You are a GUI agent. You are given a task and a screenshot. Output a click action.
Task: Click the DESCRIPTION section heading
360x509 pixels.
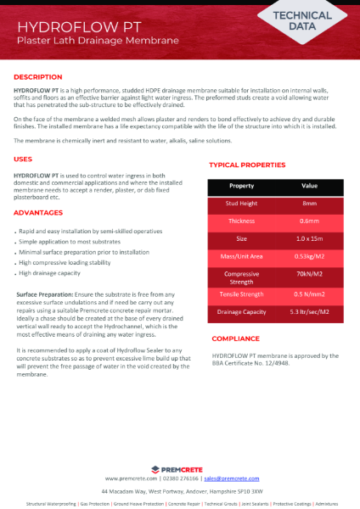(x=38, y=77)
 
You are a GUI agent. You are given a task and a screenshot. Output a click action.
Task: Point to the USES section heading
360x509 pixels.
(x=24, y=159)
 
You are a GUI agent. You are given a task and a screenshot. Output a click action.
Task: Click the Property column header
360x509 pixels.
(x=242, y=185)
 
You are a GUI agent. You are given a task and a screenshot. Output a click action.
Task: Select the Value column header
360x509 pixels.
(x=310, y=185)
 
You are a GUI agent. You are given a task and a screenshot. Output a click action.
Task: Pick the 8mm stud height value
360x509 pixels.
(x=310, y=204)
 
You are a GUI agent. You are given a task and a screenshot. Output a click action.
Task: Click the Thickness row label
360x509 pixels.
(x=242, y=221)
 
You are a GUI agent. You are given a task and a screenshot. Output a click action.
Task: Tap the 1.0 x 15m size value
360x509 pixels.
(x=310, y=239)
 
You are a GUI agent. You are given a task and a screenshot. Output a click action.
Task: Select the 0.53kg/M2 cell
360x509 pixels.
(x=310, y=257)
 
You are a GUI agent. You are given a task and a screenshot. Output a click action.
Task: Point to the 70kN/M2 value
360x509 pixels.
(x=310, y=275)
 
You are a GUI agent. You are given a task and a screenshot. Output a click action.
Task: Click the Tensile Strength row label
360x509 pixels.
(x=242, y=294)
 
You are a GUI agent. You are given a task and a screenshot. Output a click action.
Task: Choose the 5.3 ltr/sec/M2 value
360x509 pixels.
(x=310, y=312)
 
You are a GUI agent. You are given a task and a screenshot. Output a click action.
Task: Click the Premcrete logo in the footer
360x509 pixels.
(x=180, y=468)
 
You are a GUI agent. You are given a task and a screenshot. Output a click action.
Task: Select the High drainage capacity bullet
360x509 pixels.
(x=51, y=273)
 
